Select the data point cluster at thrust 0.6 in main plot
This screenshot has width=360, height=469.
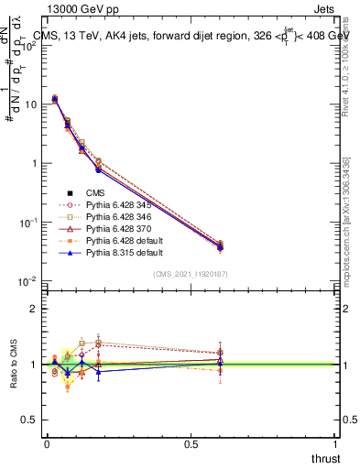pyautogui.click(x=220, y=246)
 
